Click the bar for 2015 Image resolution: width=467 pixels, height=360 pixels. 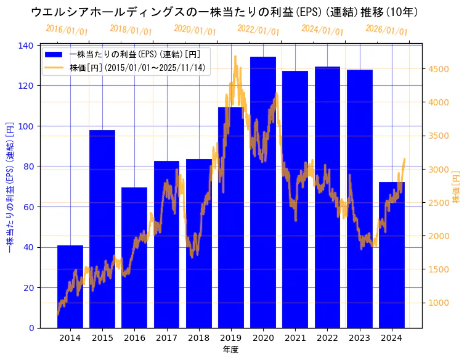click(102, 229)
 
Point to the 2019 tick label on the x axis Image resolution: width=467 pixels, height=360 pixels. click(231, 338)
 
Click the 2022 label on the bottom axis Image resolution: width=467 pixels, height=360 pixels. click(327, 338)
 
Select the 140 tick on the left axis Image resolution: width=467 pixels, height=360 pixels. click(26, 46)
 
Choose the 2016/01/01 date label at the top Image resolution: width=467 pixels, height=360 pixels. click(67, 30)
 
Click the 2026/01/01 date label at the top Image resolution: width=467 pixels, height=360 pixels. click(386, 30)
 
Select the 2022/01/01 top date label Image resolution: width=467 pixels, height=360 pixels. click(258, 30)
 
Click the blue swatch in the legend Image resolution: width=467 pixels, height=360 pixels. click(54, 55)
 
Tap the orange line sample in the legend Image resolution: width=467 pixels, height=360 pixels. click(54, 67)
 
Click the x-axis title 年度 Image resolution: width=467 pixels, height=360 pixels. click(230, 350)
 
